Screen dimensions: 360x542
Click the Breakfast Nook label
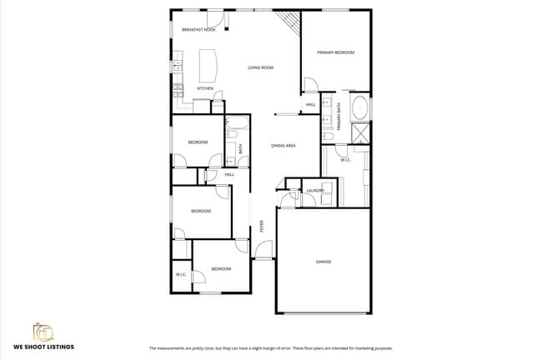click(x=198, y=29)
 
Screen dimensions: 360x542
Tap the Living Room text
click(x=261, y=67)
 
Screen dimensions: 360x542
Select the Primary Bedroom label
click(x=335, y=52)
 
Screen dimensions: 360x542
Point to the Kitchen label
click(x=204, y=88)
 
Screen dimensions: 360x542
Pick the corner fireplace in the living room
click(x=289, y=22)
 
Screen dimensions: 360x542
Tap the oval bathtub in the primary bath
click(x=359, y=107)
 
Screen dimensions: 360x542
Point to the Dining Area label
click(x=284, y=146)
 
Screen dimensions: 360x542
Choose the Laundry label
click(x=314, y=191)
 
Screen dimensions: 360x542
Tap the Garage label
click(x=323, y=262)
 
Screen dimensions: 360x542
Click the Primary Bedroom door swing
click(x=309, y=85)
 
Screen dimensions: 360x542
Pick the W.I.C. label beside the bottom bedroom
click(x=180, y=274)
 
